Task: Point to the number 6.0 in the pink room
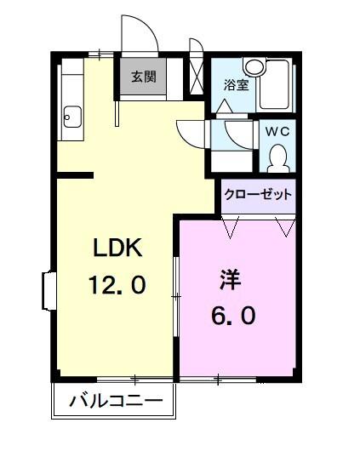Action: click(x=232, y=315)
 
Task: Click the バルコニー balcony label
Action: click(x=115, y=400)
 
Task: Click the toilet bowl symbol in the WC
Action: click(x=277, y=157)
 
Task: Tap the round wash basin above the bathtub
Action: click(x=253, y=66)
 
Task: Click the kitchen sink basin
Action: click(x=71, y=116)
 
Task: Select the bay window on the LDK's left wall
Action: click(x=48, y=291)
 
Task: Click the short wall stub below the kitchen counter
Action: click(x=75, y=176)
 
